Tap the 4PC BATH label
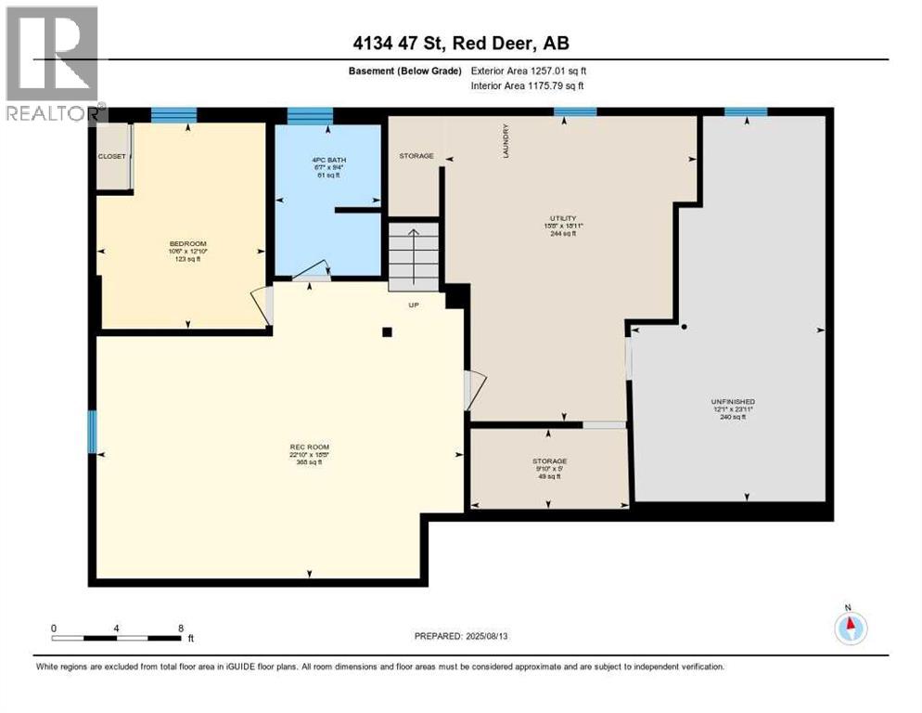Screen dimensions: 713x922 pyautogui.click(x=328, y=160)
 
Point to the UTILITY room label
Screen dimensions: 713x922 pyautogui.click(x=563, y=218)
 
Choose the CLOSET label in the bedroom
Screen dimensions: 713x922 pyautogui.click(x=111, y=156)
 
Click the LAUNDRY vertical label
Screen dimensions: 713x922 pyautogui.click(x=506, y=142)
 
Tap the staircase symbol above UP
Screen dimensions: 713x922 pyautogui.click(x=413, y=256)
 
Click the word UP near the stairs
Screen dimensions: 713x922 pyautogui.click(x=415, y=305)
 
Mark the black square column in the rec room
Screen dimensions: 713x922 pyautogui.click(x=388, y=331)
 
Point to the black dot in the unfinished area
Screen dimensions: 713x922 pyautogui.click(x=684, y=327)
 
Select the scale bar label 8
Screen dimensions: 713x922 pyautogui.click(x=181, y=628)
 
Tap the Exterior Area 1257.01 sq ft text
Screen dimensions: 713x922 pyautogui.click(x=529, y=71)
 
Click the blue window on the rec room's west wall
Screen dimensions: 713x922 pyautogui.click(x=92, y=433)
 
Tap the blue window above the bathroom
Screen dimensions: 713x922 pyautogui.click(x=310, y=115)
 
